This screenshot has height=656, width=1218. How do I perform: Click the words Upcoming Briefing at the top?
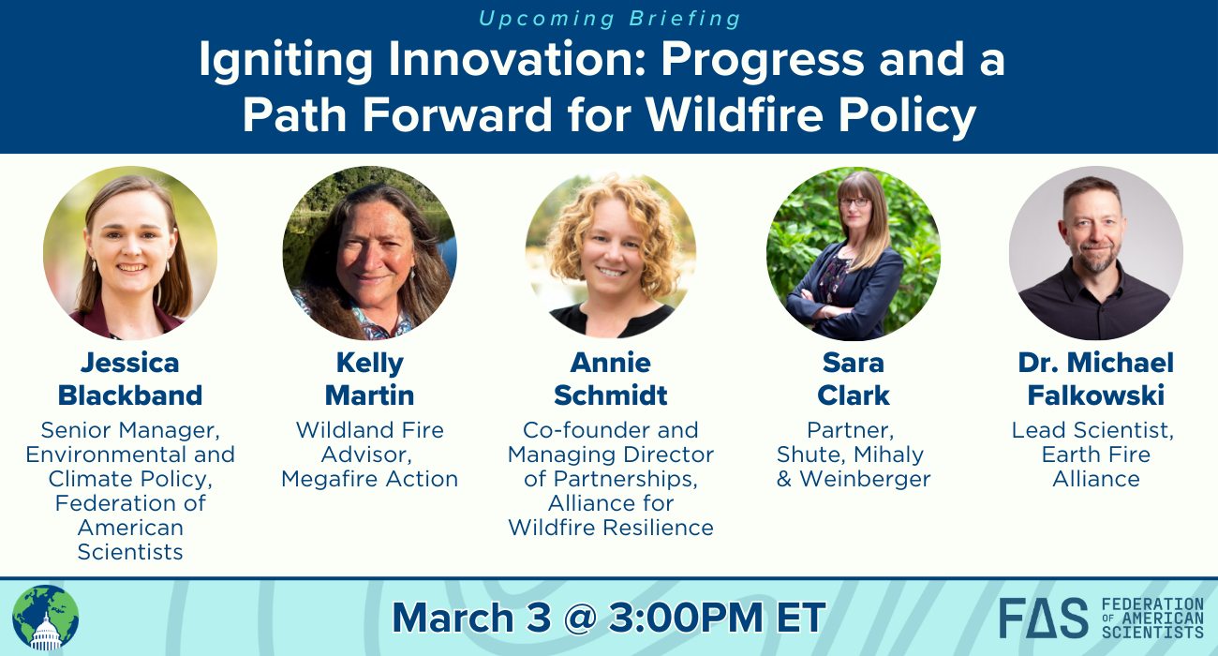[610, 19]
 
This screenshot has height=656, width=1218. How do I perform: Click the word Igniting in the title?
[286, 61]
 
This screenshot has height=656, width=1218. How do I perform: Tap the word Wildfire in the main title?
[734, 114]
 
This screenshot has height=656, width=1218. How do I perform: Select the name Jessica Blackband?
[130, 380]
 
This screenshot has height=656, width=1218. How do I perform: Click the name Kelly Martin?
[370, 380]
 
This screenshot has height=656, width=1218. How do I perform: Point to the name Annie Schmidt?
[611, 380]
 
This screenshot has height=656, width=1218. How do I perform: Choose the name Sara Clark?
[854, 380]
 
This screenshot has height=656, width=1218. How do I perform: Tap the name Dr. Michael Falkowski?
[1095, 380]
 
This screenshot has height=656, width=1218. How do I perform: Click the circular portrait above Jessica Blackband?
[130, 253]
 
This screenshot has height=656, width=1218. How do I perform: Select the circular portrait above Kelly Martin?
[370, 253]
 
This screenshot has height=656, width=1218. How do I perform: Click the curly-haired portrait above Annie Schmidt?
[611, 253]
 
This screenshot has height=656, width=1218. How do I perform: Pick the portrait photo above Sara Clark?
[854, 253]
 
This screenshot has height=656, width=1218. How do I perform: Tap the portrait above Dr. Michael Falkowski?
[1095, 253]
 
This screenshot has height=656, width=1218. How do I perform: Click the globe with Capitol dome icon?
[46, 618]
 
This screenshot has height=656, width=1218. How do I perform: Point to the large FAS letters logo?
[1044, 618]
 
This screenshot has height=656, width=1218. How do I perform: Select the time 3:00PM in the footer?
[686, 618]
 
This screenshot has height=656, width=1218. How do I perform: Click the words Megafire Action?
[370, 479]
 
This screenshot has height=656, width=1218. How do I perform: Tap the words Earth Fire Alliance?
[1095, 467]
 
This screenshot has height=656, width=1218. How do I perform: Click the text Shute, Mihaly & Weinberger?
[854, 467]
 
